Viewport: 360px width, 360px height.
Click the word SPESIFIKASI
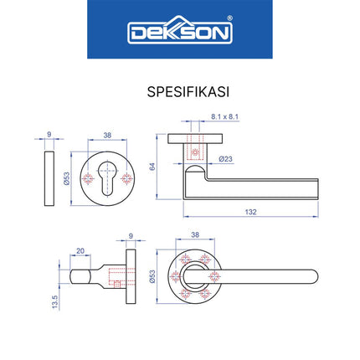click(180, 88)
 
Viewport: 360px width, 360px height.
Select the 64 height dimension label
click(153, 167)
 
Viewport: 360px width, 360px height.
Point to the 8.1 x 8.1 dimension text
click(224, 117)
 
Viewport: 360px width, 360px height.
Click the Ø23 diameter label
click(224, 158)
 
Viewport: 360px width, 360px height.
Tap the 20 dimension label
click(80, 250)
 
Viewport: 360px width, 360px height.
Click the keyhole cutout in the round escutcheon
click(105, 181)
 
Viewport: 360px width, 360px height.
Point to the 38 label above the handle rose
click(195, 235)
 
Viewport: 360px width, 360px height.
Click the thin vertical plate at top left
click(49, 181)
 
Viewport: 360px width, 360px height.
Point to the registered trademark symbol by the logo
click(230, 23)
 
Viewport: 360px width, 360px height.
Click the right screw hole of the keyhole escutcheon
click(126, 181)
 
